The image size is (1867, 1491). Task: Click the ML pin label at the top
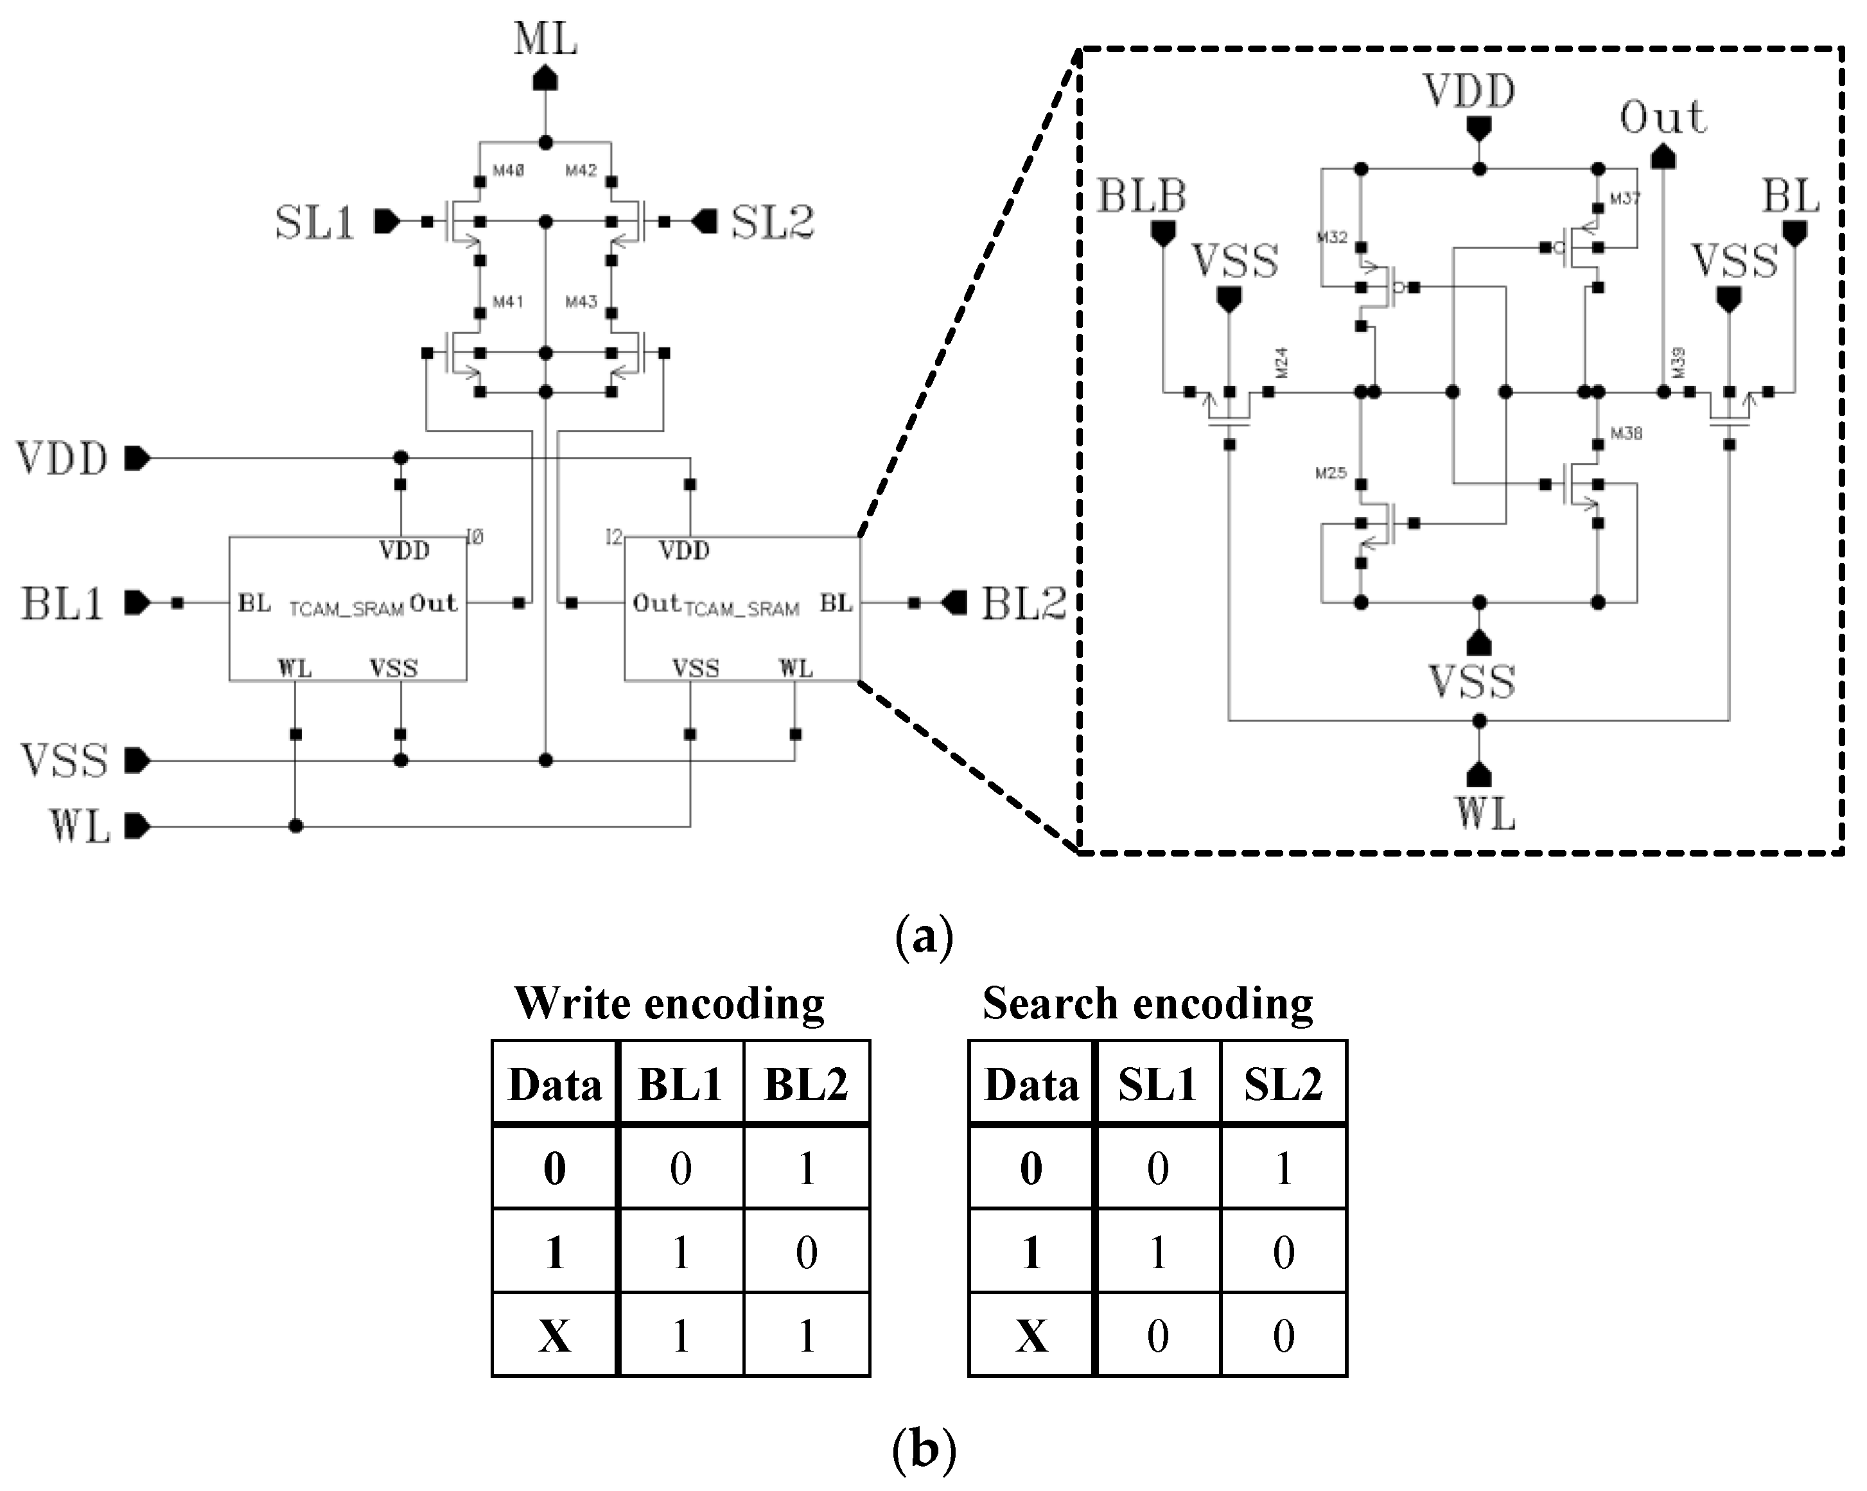[x=545, y=39]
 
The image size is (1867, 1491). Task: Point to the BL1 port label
[x=62, y=604]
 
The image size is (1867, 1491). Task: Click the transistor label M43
[x=581, y=301]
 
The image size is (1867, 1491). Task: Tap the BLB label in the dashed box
[x=1141, y=196]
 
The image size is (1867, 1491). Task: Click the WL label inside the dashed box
[x=1484, y=814]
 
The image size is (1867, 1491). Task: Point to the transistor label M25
[x=1330, y=473]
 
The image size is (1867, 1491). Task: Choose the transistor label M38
[x=1626, y=433]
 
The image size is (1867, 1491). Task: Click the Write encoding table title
[x=669, y=1004]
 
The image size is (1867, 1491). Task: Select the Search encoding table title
[x=1148, y=1004]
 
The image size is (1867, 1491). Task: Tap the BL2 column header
[x=805, y=1084]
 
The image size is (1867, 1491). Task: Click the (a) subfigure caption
[x=923, y=937]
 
